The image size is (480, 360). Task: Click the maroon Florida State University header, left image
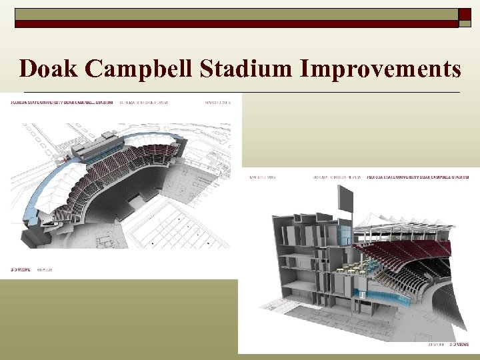(x=60, y=103)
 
